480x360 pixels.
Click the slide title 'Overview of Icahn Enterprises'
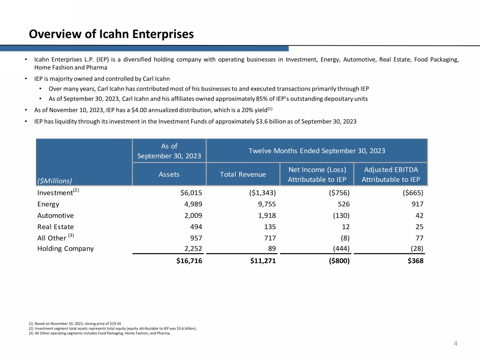[111, 34]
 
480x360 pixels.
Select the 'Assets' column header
[169, 174]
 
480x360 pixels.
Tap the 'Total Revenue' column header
[243, 174]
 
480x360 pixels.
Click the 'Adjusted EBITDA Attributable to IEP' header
[391, 174]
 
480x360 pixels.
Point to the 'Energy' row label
[48, 204]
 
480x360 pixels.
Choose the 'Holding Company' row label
[65, 249]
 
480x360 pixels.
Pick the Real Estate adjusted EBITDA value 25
[419, 226]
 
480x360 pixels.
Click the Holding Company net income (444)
[340, 249]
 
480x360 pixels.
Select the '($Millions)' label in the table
[54, 180]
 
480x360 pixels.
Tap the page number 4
[456, 343]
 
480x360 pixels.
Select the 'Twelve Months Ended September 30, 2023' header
[317, 151]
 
